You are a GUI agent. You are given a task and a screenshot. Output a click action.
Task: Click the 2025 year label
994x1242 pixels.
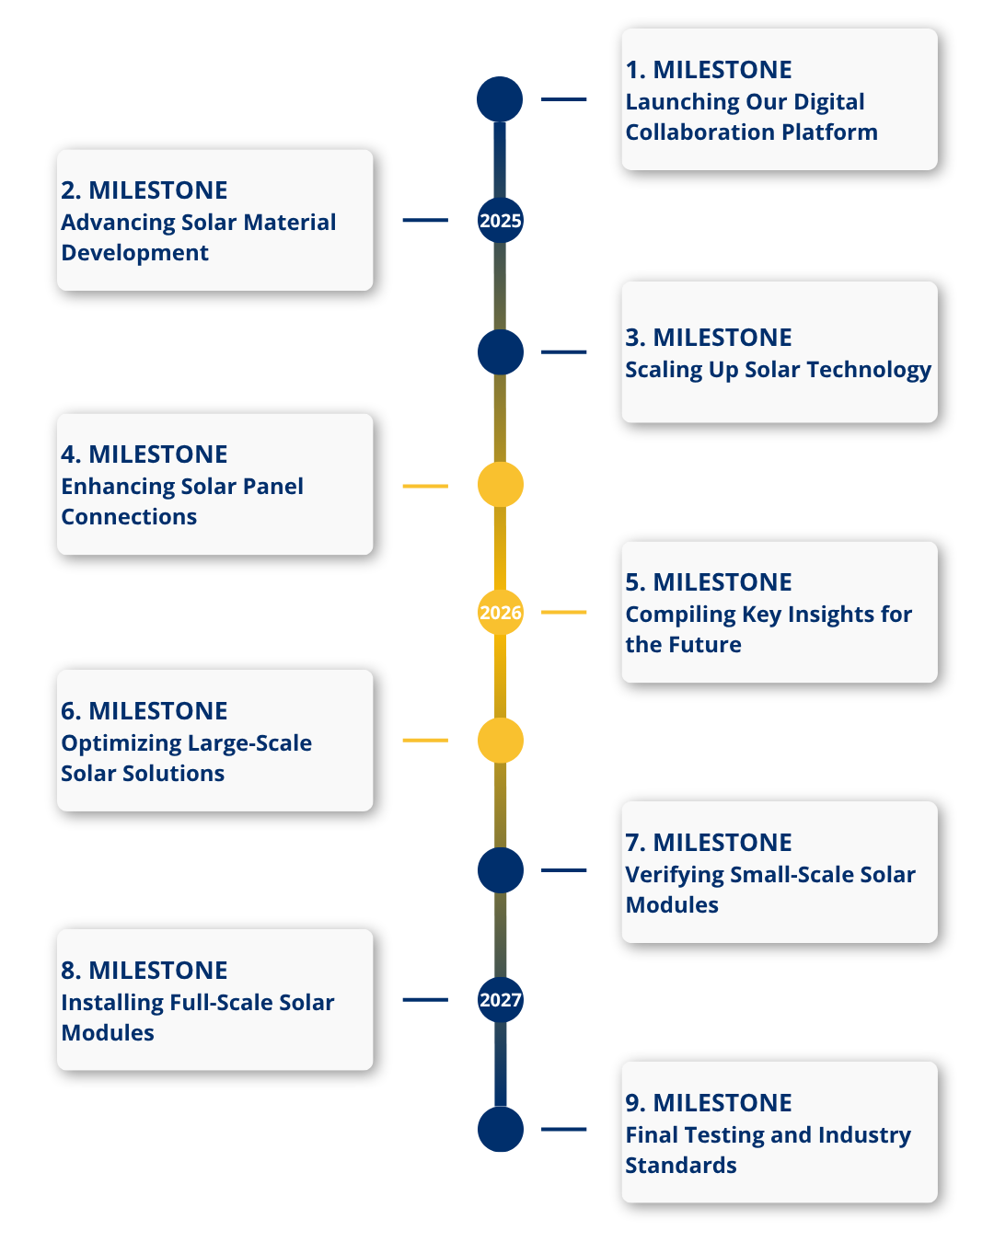pyautogui.click(x=501, y=221)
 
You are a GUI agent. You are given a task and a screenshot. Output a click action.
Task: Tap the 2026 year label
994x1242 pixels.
pyautogui.click(x=501, y=613)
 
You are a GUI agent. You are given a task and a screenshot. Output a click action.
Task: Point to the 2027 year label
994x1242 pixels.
pyautogui.click(x=501, y=1000)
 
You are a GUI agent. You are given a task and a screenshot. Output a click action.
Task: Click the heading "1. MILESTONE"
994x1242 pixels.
pyautogui.click(x=709, y=70)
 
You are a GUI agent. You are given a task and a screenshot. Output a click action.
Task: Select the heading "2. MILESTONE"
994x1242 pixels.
pyautogui.click(x=144, y=190)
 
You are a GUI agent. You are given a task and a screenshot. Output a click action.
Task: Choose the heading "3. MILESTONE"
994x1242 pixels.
pyautogui.click(x=709, y=338)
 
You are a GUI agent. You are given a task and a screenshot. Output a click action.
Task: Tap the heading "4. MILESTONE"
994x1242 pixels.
pyautogui.click(x=144, y=454)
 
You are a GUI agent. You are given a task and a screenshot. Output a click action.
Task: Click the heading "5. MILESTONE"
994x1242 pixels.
pyautogui.click(x=709, y=582)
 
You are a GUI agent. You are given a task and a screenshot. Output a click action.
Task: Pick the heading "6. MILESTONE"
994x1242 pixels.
pyautogui.click(x=144, y=711)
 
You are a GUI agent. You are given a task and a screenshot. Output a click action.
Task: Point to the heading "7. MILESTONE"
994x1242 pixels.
pyautogui.click(x=709, y=843)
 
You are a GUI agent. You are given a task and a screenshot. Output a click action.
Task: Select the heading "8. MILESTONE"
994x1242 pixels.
pyautogui.click(x=144, y=971)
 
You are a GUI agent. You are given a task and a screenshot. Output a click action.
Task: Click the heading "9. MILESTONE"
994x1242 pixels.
pyautogui.click(x=709, y=1103)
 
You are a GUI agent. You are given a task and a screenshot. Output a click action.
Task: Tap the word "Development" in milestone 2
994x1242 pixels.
pyautogui.click(x=134, y=253)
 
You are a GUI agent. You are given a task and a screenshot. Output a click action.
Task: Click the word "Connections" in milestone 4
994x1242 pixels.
pyautogui.click(x=129, y=517)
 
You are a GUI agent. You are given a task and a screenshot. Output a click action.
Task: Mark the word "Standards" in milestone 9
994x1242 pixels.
pyautogui.click(x=681, y=1166)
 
